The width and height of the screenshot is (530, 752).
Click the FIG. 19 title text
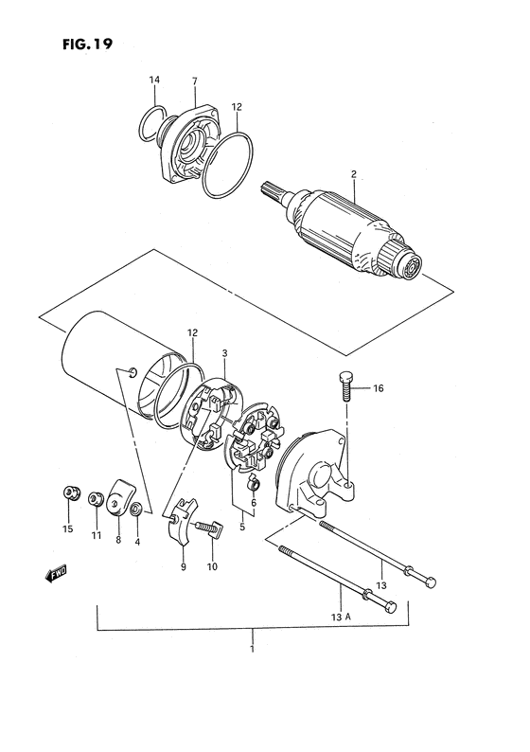(x=88, y=45)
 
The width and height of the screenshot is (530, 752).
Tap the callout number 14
(x=154, y=81)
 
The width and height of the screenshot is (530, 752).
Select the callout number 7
(x=195, y=81)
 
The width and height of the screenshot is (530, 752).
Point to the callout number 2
(x=354, y=174)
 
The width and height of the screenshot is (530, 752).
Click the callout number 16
(x=378, y=388)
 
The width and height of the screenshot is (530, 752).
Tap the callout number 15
(x=67, y=529)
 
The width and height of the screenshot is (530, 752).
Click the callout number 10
(x=212, y=567)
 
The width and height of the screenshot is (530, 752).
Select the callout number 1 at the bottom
(x=252, y=650)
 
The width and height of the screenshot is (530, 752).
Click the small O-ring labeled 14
(x=152, y=124)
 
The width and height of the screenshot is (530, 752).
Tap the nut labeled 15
(x=71, y=493)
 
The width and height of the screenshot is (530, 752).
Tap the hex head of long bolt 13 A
(x=390, y=606)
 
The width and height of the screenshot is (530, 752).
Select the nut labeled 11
(x=95, y=499)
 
